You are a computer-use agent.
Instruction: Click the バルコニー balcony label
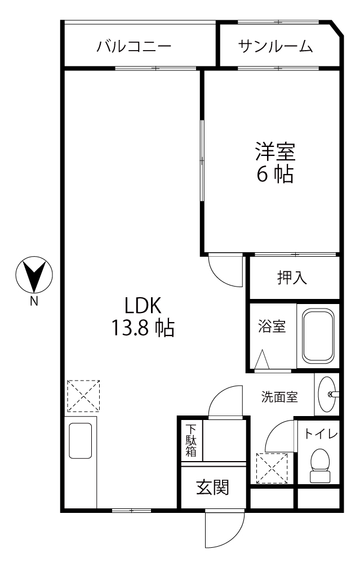134,47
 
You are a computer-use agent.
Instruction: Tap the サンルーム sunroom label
275,47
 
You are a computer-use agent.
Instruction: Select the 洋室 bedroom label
275,151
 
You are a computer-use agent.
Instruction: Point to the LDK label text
143,306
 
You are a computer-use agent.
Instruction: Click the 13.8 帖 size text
143,328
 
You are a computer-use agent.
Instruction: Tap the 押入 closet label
292,277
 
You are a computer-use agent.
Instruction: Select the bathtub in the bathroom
318,336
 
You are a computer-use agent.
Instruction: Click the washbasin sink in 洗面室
327,394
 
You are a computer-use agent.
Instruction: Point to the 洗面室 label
279,397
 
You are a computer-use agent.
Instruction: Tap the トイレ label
321,434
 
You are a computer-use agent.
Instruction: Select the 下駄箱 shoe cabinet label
191,440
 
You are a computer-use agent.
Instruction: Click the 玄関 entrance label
212,488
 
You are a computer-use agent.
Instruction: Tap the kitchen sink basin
80,441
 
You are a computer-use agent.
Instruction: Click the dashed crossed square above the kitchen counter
83,396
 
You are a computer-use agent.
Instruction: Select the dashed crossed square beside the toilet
272,468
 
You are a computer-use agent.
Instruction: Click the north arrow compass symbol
34,275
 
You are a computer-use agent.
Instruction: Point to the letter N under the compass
34,302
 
